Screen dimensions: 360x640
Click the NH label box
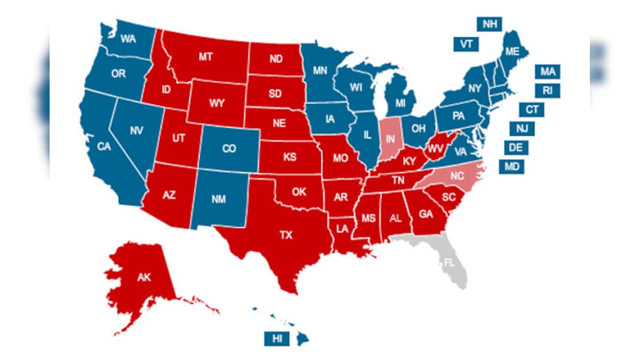pyautogui.click(x=489, y=24)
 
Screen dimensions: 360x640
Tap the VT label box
pyautogui.click(x=466, y=44)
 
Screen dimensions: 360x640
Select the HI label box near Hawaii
pyautogui.click(x=277, y=338)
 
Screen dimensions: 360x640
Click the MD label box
pyautogui.click(x=511, y=166)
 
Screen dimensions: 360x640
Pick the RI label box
pyautogui.click(x=547, y=90)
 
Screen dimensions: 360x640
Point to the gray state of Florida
pyautogui.click(x=451, y=263)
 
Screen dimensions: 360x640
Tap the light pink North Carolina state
pyautogui.click(x=456, y=175)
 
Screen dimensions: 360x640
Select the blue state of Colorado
pyautogui.click(x=229, y=149)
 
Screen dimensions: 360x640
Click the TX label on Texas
pyautogui.click(x=286, y=235)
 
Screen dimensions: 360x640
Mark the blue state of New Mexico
pyautogui.click(x=219, y=199)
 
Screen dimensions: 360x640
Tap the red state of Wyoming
pyautogui.click(x=217, y=103)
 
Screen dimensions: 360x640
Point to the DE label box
pyautogui.click(x=516, y=147)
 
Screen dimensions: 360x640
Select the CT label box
pyautogui.click(x=532, y=109)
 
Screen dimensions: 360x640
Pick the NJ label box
pyautogui.click(x=522, y=128)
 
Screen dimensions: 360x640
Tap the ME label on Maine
pyautogui.click(x=512, y=52)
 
